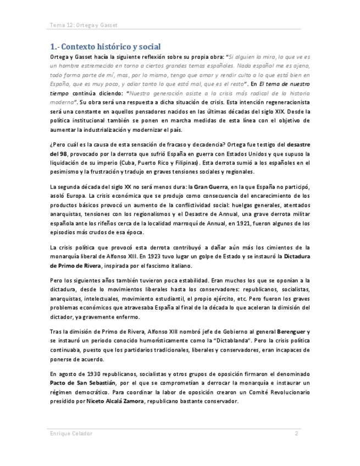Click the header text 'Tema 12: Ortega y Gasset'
[x=84, y=25]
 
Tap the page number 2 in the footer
[x=296, y=434]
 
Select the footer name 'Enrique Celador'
[x=71, y=434]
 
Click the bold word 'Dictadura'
[x=293, y=257]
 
